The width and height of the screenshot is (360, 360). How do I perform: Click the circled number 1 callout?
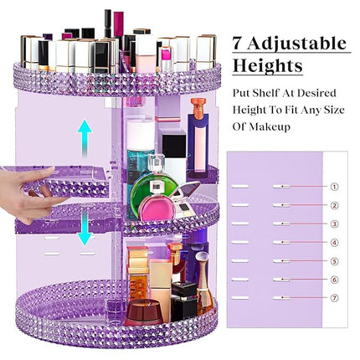pos(334,187)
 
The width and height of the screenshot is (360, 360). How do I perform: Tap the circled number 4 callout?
pos(334,243)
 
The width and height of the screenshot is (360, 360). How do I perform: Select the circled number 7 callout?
pos(334,298)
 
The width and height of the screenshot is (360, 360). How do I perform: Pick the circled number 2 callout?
pos(334,205)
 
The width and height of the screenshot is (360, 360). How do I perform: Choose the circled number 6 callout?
pos(334,280)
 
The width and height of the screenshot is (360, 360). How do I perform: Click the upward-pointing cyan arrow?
pos(85,136)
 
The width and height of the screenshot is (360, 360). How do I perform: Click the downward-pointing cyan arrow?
pos(85,229)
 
